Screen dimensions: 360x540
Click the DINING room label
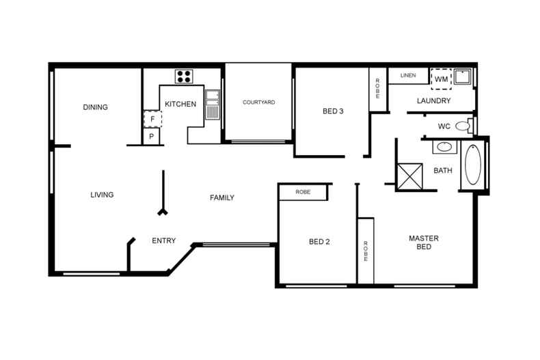coord(95,107)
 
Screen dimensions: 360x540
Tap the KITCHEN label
coord(180,105)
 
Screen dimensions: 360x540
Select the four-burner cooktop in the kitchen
coord(183,77)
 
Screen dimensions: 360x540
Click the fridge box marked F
coord(152,120)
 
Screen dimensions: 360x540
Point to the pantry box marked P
coord(152,137)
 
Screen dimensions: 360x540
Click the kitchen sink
coord(212,105)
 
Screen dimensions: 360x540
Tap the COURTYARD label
coord(259,102)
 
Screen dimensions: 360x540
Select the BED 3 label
coord(333,111)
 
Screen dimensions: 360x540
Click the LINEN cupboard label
coord(408,75)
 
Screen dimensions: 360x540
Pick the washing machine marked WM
coord(441,79)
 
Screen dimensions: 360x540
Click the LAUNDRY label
coord(434,101)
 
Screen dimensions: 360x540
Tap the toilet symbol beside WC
coord(463,126)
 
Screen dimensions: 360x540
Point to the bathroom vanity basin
coord(444,147)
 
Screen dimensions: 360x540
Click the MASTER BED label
coord(424,243)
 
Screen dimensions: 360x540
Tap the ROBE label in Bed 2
coord(303,193)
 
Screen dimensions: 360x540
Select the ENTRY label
coord(163,240)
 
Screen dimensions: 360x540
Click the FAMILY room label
coord(221,198)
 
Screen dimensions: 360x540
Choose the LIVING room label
coord(102,195)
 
